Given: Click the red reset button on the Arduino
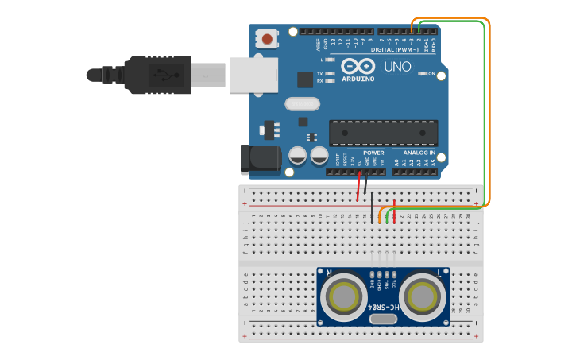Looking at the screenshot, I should coord(268,38).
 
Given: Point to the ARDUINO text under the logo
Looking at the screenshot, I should coord(358,79).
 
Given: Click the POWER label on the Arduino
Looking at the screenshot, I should coord(373,153).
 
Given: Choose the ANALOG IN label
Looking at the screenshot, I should coord(419,153).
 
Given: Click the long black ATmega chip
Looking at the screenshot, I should coord(383,133).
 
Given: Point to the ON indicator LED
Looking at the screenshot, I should coord(421,74).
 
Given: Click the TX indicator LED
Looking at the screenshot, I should coord(329,73).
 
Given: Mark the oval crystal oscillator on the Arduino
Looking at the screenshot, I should coord(301,103).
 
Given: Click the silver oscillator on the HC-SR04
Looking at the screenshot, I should coord(383,319).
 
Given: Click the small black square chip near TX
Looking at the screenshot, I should coord(305,79).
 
